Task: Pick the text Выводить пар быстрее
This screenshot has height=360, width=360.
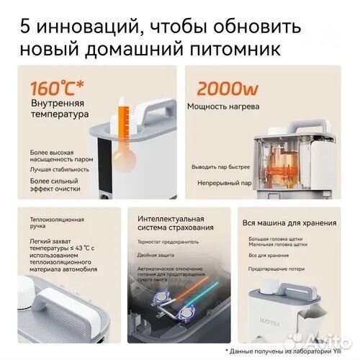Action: click(x=220, y=168)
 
